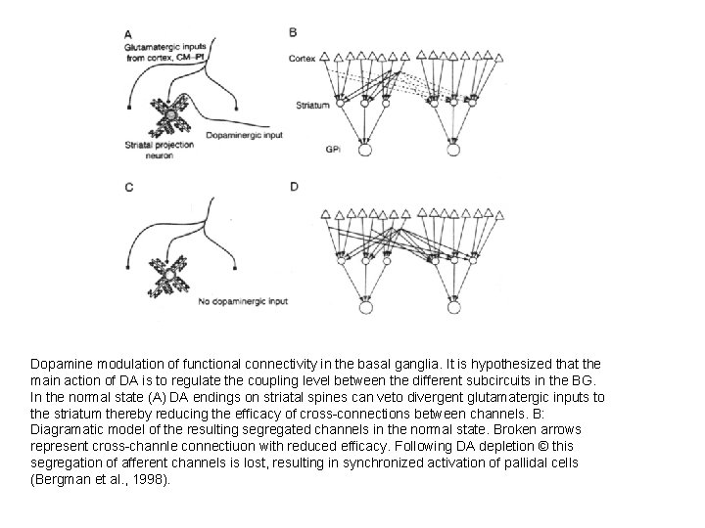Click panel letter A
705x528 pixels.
coord(129,32)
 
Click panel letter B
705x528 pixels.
coord(294,32)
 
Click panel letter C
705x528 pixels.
coord(129,186)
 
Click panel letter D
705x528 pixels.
coord(294,186)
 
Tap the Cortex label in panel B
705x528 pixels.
coord(303,59)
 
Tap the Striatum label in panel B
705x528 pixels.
coord(311,105)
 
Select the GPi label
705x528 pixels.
coord(333,149)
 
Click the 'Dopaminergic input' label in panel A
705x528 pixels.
coord(245,135)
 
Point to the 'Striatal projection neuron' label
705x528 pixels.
coord(157,150)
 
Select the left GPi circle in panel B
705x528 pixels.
coord(365,150)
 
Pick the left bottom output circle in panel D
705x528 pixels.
coord(365,307)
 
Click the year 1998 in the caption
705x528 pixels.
coord(148,479)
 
